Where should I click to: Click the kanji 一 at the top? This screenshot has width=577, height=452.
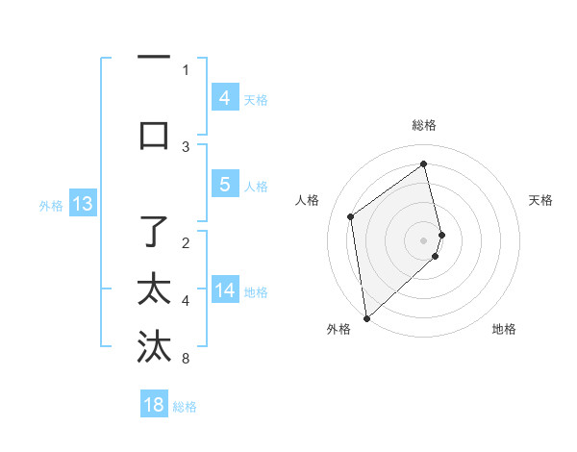[154, 57]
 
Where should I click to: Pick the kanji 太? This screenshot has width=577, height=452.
[154, 289]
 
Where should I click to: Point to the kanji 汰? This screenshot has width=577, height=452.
[154, 346]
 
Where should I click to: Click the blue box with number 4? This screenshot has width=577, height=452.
[224, 98]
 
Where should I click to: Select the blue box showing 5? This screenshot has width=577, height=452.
[224, 185]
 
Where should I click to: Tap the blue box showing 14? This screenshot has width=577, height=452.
[224, 290]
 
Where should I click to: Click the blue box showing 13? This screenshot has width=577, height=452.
[82, 204]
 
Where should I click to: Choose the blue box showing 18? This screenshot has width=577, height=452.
[154, 405]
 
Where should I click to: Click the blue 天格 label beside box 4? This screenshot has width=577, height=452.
[256, 99]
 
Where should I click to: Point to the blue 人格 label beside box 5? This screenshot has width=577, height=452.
[256, 186]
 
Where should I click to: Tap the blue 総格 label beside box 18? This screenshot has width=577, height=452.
[185, 407]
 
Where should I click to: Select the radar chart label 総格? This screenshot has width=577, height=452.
[423, 125]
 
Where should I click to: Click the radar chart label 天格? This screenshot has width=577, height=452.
[541, 200]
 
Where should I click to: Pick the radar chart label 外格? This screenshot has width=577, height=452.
[338, 329]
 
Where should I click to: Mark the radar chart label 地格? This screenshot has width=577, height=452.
[504, 329]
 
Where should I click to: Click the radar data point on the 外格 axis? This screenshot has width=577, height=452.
[365, 317]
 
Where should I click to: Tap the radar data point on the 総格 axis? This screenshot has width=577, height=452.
[424, 163]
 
